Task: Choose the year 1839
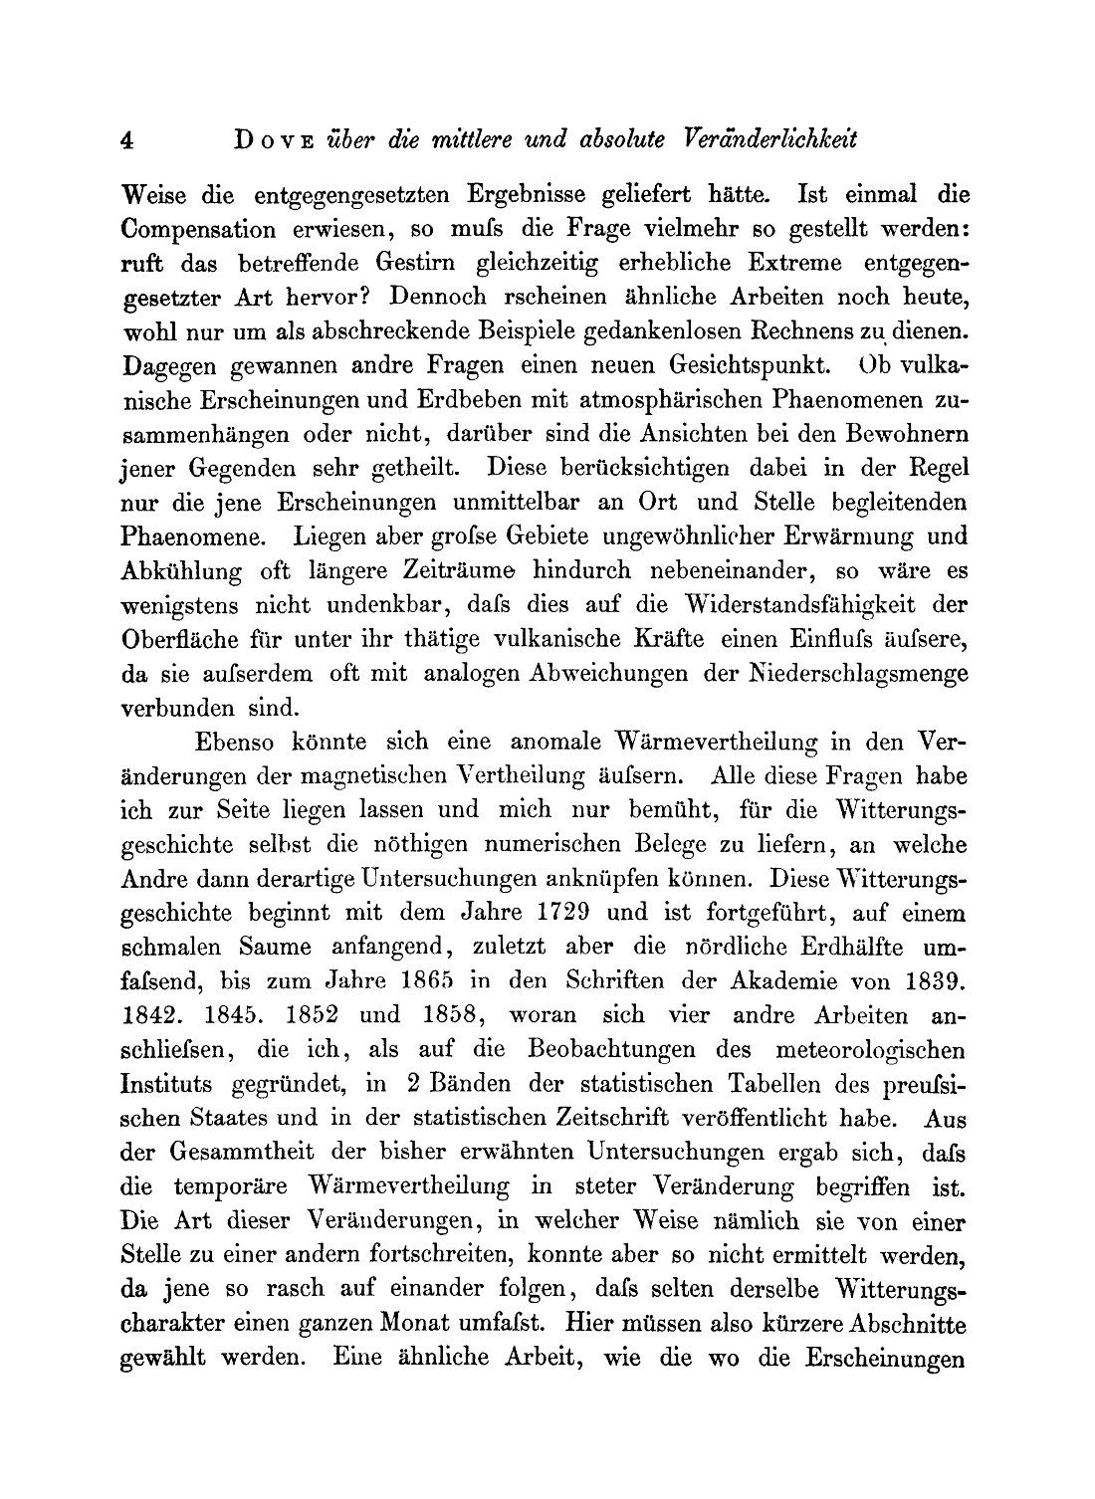(935, 981)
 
